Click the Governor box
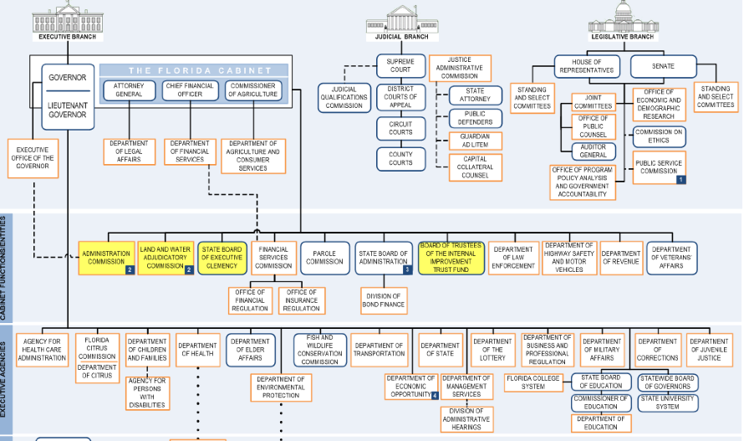click(x=68, y=97)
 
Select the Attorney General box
click(x=129, y=90)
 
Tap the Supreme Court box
click(x=400, y=66)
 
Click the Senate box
click(x=663, y=66)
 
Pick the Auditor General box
click(x=594, y=151)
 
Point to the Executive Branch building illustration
click(x=68, y=17)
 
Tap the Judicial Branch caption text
click(x=401, y=37)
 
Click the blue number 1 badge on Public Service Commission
click(x=681, y=180)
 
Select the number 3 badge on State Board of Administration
click(x=407, y=269)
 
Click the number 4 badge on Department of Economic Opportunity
click(x=435, y=395)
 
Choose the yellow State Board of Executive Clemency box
click(x=222, y=258)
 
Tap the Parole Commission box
click(x=324, y=258)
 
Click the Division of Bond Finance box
click(x=383, y=300)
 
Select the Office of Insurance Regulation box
click(x=302, y=300)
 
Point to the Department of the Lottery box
click(x=492, y=350)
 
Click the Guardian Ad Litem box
click(x=475, y=141)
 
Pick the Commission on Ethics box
click(x=659, y=136)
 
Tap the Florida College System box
click(x=533, y=382)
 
